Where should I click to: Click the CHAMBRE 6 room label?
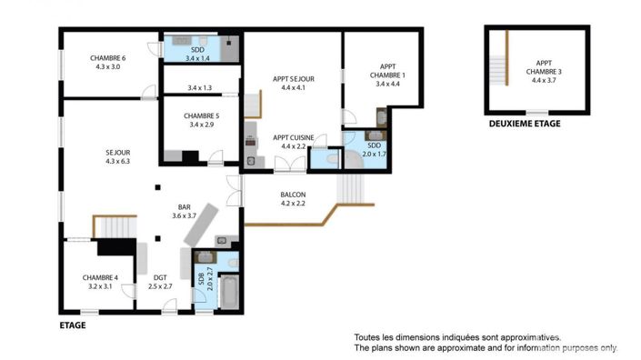[107, 63]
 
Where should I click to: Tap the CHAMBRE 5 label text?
[201, 120]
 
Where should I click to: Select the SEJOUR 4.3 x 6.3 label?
[118, 157]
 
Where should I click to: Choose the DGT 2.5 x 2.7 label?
[160, 282]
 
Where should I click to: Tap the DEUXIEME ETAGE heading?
[525, 124]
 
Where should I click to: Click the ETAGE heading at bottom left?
[72, 324]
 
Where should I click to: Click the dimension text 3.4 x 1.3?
[199, 88]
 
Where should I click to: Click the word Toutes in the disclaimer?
[368, 336]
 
